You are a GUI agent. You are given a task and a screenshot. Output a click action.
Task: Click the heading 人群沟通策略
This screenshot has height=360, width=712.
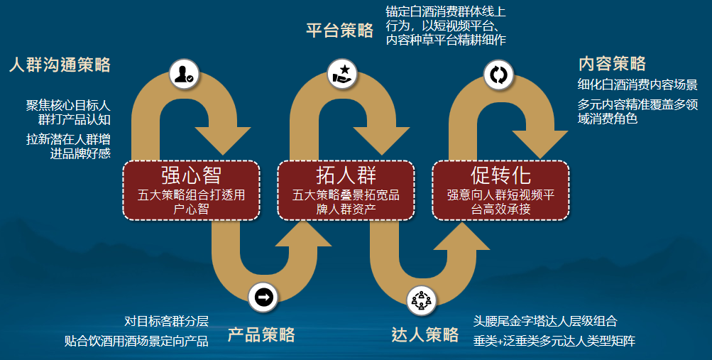pyautogui.click(x=60, y=65)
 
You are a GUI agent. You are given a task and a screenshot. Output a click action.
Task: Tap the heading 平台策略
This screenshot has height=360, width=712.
pyautogui.click(x=339, y=31)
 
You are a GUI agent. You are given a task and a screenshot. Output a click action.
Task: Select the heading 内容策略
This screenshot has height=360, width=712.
pyautogui.click(x=612, y=64)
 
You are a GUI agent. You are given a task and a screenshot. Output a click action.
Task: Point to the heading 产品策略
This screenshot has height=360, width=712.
pyautogui.click(x=261, y=335)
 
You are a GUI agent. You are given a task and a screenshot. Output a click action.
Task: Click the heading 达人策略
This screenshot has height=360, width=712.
pyautogui.click(x=425, y=335)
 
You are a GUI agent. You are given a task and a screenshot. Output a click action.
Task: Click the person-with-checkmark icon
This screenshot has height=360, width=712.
pyautogui.click(x=184, y=74)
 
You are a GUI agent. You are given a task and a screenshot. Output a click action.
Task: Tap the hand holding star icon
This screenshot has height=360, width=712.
pyautogui.click(x=342, y=74)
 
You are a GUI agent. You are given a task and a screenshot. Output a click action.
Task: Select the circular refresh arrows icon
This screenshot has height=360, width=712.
pyautogui.click(x=498, y=75)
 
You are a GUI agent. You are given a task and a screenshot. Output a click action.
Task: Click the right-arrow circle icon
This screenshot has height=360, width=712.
pyautogui.click(x=263, y=298)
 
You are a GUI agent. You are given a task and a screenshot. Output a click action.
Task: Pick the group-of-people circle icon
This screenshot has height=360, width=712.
pyautogui.click(x=422, y=300)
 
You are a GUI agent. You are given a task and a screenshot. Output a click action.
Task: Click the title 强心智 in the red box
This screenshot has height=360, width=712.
pyautogui.click(x=191, y=175)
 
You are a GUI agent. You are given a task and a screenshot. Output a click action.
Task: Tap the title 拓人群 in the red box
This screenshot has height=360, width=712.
pyautogui.click(x=346, y=175)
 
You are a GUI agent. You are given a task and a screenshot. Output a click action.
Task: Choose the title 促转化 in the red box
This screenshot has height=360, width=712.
pyautogui.click(x=501, y=175)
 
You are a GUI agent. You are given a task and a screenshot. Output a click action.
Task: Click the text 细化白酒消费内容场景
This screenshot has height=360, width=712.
pyautogui.click(x=637, y=84)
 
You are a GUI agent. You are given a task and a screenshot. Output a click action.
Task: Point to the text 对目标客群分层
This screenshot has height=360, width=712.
pyautogui.click(x=166, y=322)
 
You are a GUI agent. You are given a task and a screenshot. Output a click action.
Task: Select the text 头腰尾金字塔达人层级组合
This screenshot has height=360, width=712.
pyautogui.click(x=545, y=322)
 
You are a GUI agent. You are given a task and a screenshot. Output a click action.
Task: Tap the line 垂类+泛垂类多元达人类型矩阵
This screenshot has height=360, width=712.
pyautogui.click(x=554, y=341)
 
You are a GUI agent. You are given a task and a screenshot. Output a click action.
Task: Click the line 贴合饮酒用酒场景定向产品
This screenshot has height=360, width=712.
pyautogui.click(x=136, y=341)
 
